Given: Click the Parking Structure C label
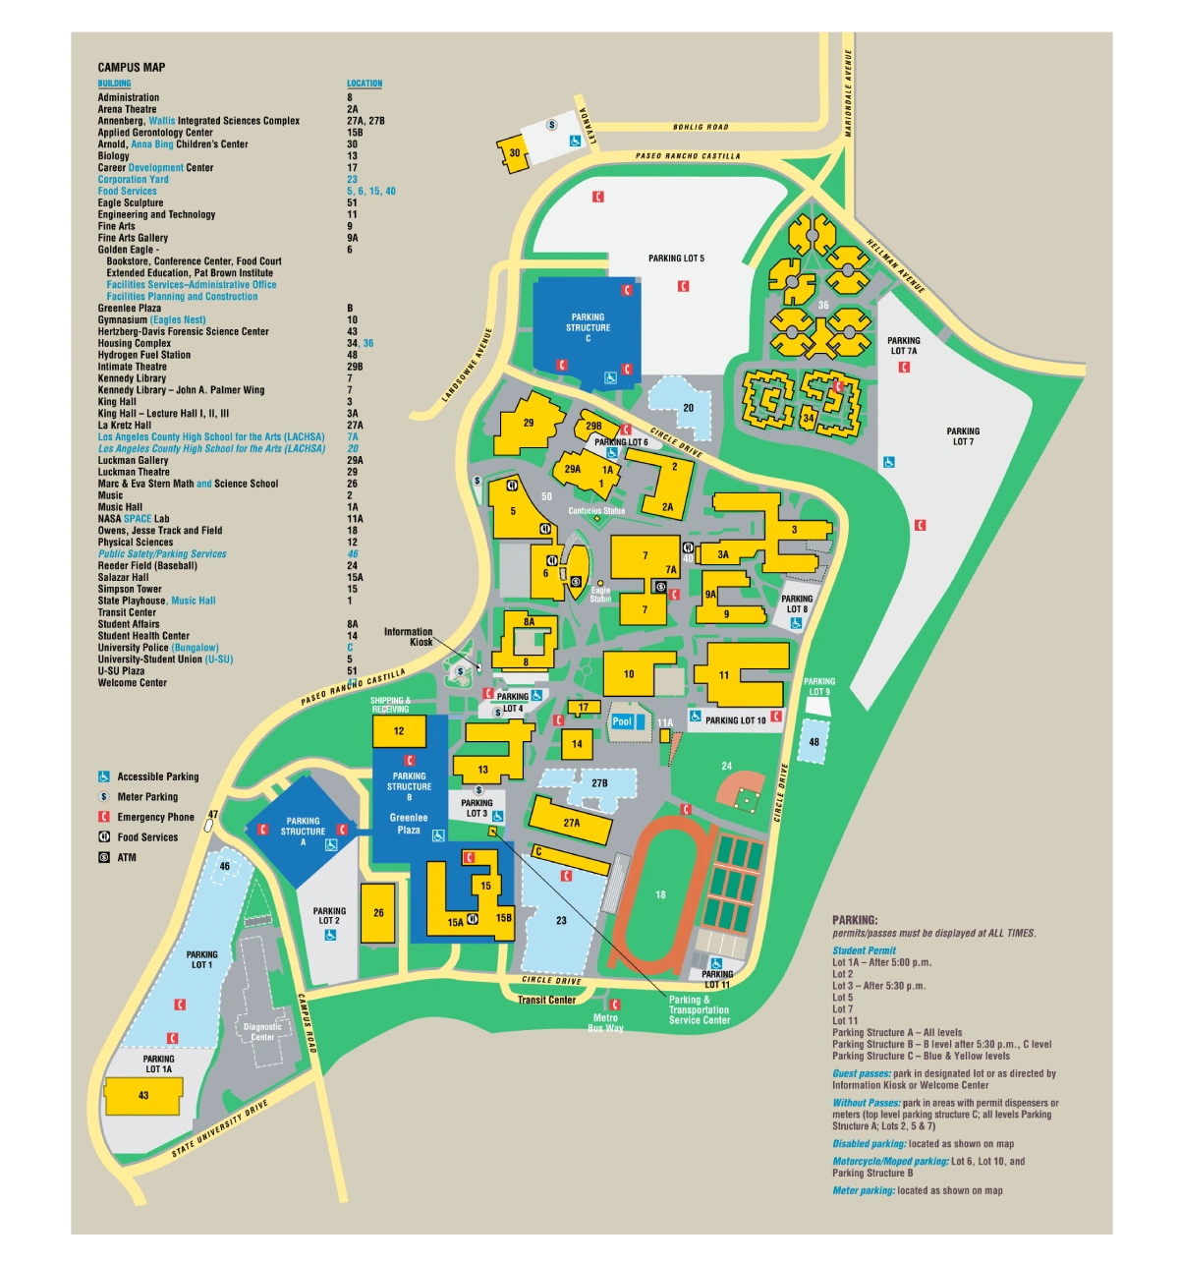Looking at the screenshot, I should [x=588, y=327].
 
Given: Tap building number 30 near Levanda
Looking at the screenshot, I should [x=514, y=153].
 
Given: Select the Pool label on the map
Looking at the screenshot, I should [x=622, y=721].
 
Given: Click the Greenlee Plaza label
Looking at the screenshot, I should [x=409, y=824].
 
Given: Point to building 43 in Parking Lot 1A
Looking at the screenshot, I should [x=143, y=1095].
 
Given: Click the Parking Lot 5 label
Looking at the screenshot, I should [x=676, y=259].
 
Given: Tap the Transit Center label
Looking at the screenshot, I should [x=547, y=1000].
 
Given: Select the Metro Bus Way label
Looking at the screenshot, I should [x=605, y=1023].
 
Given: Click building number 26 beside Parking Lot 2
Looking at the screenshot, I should [x=378, y=913].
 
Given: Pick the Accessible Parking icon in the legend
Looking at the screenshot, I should [x=104, y=776].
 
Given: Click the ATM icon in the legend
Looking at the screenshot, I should [x=104, y=857].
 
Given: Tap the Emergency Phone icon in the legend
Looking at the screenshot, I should [x=104, y=817].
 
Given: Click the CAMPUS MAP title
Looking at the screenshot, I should [x=132, y=68].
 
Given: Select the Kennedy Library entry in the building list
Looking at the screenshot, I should [x=132, y=378].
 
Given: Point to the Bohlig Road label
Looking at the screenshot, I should [x=701, y=127].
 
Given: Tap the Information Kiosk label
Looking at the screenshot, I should [x=409, y=637].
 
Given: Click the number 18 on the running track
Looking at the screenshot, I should [x=660, y=894].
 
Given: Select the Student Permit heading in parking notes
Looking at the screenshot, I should [x=864, y=950].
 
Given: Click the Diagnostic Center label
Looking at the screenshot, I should [x=262, y=1032].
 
